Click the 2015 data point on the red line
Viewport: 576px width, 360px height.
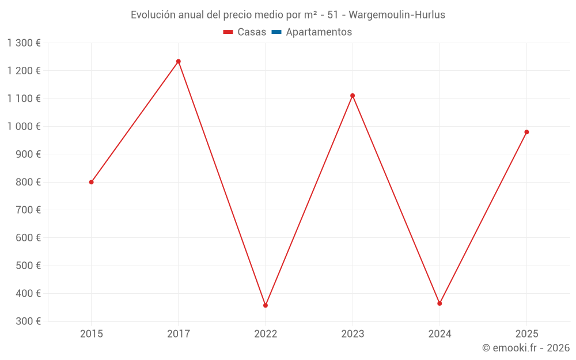tap(92, 182)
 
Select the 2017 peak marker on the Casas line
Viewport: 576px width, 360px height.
tap(179, 62)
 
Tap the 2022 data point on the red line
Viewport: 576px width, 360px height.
tap(266, 305)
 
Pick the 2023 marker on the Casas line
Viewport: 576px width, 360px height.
tap(353, 96)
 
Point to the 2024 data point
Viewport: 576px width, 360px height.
tap(439, 304)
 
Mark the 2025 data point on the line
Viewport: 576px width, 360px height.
tap(526, 132)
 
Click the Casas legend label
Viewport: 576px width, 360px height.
tap(252, 32)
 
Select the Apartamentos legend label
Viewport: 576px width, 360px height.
tap(319, 32)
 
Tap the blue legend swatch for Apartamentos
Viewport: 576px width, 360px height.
tap(276, 32)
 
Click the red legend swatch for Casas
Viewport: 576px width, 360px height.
tap(228, 32)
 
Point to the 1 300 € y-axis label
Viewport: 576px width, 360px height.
tap(24, 43)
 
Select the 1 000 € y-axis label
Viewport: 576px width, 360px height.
tap(24, 127)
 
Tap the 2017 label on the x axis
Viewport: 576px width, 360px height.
tap(179, 334)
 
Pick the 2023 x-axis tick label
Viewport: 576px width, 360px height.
tap(353, 334)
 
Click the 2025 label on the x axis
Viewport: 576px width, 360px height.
tap(526, 334)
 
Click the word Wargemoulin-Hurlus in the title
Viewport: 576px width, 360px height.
tap(397, 15)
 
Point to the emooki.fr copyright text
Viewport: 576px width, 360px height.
tap(526, 348)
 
